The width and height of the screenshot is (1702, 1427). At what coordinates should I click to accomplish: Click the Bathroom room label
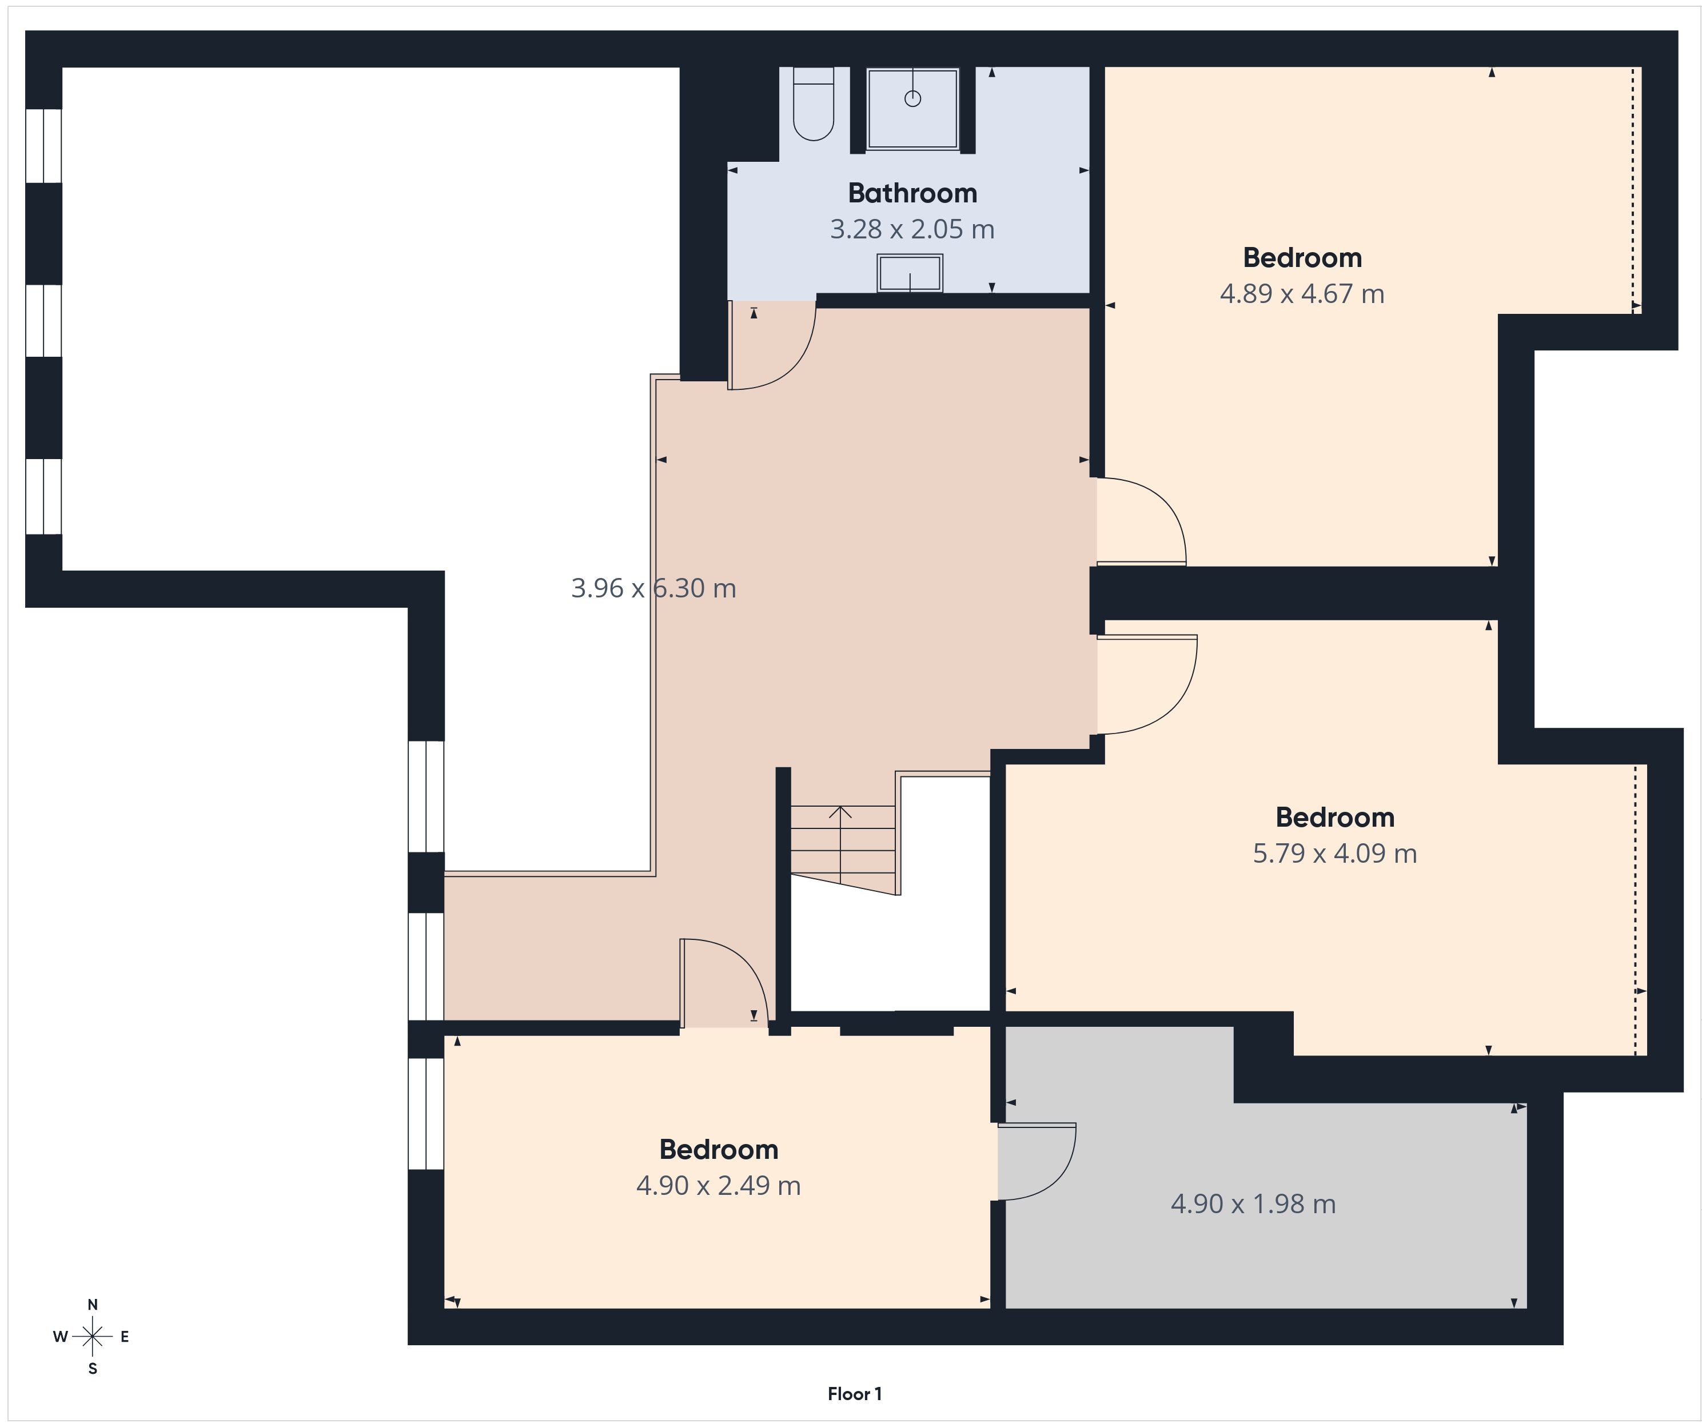pos(912,193)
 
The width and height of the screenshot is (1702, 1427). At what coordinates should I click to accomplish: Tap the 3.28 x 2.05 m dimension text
pos(912,229)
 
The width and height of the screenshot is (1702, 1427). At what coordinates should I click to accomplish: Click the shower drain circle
pos(912,99)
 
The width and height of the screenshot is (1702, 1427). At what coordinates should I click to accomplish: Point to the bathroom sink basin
pos(910,273)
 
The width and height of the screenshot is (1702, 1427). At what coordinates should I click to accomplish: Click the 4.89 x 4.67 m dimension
pos(1302,293)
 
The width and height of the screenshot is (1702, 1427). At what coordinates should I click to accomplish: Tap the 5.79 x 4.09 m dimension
pos(1335,853)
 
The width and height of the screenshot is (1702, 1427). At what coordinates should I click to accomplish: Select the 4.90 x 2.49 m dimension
pos(718,1186)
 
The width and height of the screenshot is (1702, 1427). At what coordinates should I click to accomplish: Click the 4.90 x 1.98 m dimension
pos(1253,1203)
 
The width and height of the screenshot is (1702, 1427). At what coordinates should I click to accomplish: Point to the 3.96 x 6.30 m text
pos(653,588)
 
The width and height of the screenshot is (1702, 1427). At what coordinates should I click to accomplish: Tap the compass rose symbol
pos(93,1336)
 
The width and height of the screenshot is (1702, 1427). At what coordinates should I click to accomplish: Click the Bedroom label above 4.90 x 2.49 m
pos(718,1149)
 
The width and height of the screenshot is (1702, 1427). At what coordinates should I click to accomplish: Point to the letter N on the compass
pos(93,1305)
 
